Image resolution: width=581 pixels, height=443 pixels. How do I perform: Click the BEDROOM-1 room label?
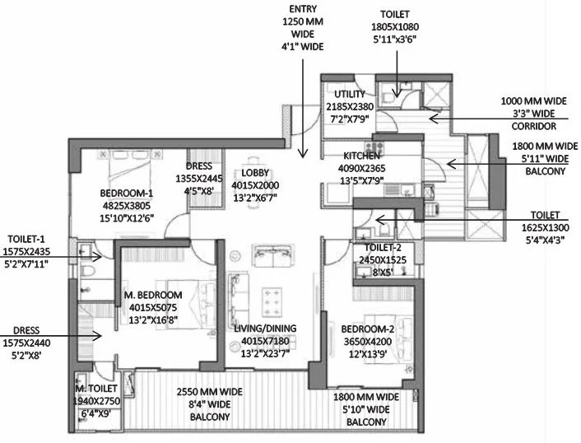127,194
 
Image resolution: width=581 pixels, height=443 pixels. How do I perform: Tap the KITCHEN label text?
361,156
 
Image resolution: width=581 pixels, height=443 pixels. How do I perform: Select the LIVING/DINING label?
265,329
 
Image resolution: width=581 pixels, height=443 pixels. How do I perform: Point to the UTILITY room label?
350,94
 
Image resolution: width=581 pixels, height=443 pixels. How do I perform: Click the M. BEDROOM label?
153,295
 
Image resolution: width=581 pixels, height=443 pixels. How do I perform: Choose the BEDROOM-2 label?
368,329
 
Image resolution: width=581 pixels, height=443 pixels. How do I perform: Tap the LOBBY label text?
255,173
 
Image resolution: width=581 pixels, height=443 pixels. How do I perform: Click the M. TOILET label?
96,389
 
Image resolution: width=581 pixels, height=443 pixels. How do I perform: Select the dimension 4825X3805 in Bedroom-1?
127,206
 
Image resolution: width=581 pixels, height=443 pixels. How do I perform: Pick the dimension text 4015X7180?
265,341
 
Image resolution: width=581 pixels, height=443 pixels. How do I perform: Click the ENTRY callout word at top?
303,9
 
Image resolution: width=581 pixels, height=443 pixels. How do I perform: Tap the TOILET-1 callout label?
26,239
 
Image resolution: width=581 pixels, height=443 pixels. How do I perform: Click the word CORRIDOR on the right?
533,126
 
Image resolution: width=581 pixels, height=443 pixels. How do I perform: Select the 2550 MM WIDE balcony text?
209,392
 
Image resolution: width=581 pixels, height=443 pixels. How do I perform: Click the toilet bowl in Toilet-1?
87,270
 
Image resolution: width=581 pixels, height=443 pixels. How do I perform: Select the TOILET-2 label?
383,248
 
